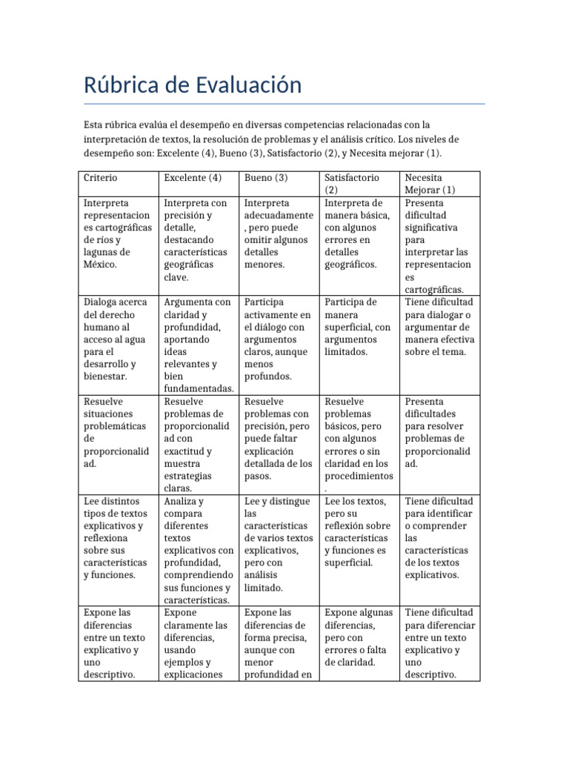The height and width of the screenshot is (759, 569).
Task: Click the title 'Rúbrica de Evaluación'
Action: (193, 85)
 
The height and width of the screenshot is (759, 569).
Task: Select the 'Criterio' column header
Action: (101, 178)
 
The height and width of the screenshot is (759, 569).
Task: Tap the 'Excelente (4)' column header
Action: (193, 178)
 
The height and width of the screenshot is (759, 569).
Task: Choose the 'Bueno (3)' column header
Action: (266, 178)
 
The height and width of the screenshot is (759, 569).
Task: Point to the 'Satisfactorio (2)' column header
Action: (352, 183)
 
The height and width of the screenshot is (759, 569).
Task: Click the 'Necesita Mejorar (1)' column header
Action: (430, 183)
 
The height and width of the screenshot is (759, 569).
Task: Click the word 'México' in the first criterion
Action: (101, 265)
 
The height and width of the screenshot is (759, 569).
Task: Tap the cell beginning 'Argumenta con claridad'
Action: (199, 345)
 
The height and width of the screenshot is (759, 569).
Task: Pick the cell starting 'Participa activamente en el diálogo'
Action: (277, 339)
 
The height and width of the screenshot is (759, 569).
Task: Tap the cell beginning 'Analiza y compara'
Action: (199, 551)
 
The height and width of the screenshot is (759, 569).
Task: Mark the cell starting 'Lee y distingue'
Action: (277, 545)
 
